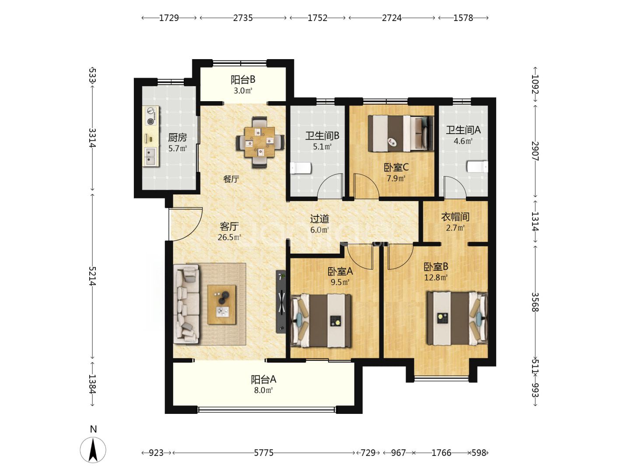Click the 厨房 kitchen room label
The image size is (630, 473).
point(177,138)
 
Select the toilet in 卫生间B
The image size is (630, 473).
point(300,168)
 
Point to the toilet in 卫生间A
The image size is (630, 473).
point(477,166)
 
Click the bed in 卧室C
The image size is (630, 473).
point(401,133)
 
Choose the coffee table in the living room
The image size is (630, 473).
point(221,304)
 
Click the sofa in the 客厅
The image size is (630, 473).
point(186,304)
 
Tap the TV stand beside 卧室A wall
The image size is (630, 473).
point(281,302)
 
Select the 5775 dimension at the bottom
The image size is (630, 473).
point(263,453)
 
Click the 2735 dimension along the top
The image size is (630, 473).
point(243,18)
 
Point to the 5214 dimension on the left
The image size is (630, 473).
point(92,276)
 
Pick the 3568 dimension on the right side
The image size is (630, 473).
point(535,302)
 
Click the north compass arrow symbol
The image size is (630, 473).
point(93,450)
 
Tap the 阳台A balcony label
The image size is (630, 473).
point(263,380)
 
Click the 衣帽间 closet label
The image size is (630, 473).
point(455,217)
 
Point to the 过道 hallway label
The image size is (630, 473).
point(319,219)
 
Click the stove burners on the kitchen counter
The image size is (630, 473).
point(150,116)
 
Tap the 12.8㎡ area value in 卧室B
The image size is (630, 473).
point(436,277)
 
